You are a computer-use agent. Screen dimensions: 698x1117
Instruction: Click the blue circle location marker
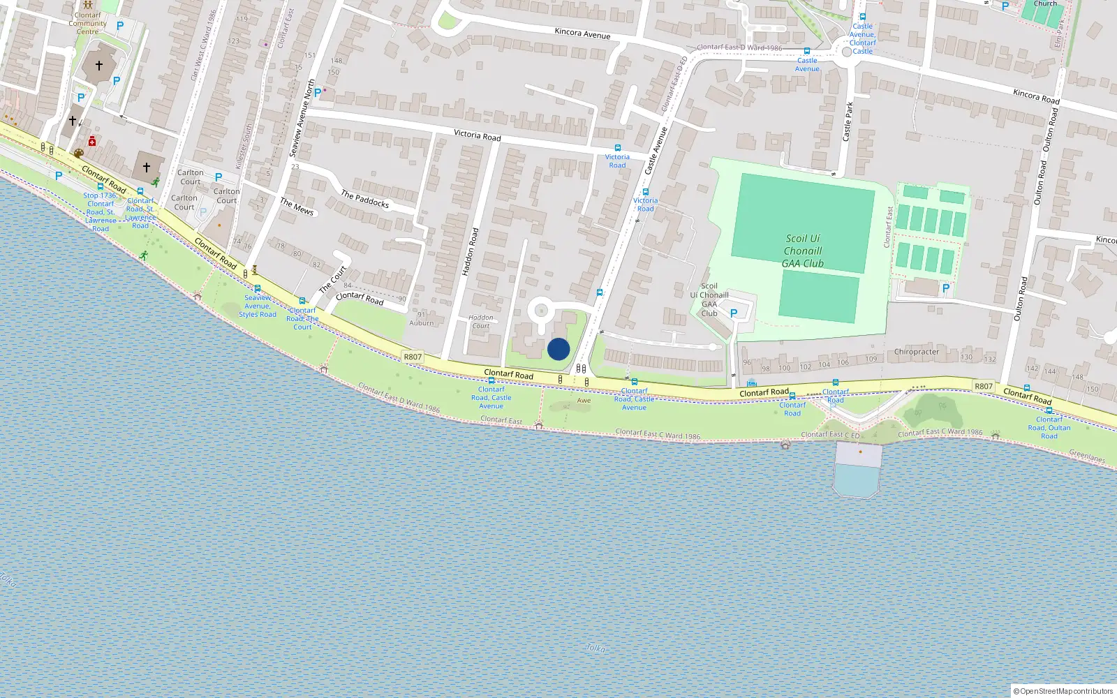tap(558, 349)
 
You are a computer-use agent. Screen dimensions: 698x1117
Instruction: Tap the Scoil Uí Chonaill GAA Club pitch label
tap(803, 251)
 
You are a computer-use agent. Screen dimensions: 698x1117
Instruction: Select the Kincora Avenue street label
tap(582, 34)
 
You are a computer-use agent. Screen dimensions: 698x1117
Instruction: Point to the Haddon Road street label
tap(471, 252)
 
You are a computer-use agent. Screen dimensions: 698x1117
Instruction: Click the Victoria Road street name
tap(477, 135)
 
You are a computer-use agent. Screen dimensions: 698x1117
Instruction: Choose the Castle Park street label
tap(849, 122)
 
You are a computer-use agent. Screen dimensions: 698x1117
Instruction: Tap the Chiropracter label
tap(916, 352)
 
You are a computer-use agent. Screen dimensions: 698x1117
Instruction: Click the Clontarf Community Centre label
tap(88, 23)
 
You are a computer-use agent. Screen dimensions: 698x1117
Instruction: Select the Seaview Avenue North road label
tap(302, 119)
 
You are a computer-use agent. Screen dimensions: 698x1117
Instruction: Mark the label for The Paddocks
tap(364, 199)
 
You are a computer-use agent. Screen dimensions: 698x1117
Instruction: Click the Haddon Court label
tap(480, 322)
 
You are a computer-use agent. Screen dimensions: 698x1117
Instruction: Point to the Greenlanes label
tap(1087, 456)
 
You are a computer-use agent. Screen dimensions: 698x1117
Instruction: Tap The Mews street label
tap(297, 206)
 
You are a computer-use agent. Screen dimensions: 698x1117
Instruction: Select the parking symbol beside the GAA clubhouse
tap(734, 314)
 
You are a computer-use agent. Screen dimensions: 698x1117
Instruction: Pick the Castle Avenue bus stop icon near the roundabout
tap(807, 51)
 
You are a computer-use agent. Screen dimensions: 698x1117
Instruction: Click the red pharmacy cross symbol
tap(92, 141)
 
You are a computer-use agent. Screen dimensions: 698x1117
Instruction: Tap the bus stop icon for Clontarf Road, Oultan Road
tap(1049, 410)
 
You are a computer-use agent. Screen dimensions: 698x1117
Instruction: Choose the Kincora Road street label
tap(1036, 96)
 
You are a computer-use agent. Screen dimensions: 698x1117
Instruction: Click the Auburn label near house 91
tap(421, 322)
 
